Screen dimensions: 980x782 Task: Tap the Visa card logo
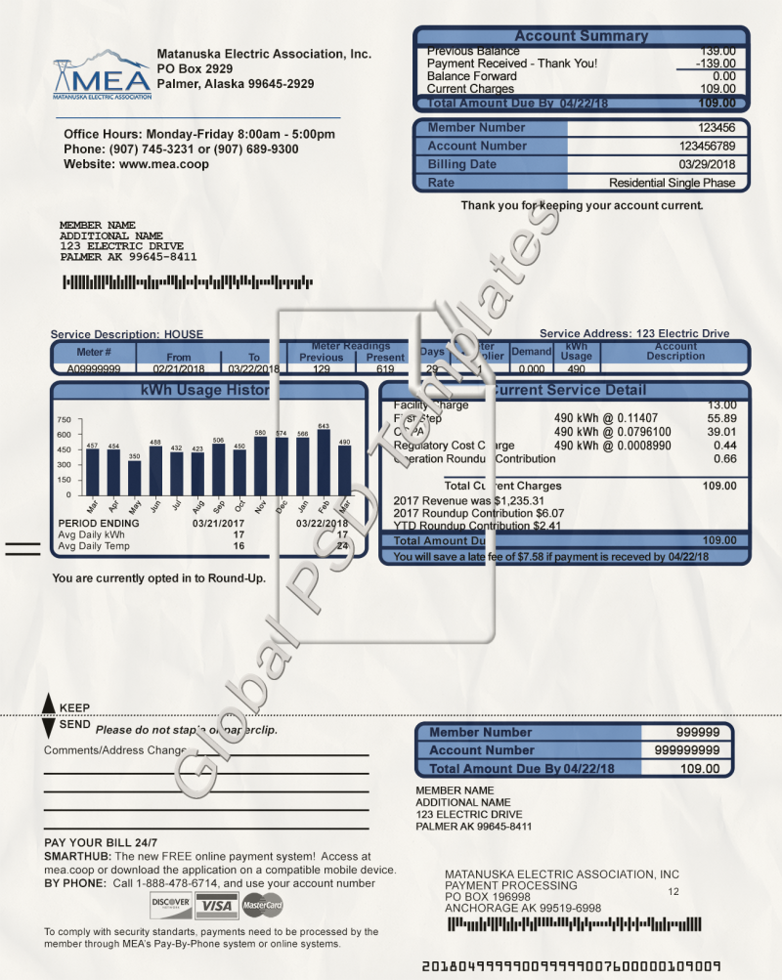(214, 907)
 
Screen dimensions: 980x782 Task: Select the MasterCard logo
(262, 907)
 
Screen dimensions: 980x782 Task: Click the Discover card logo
(171, 907)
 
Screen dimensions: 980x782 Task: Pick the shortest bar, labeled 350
(135, 478)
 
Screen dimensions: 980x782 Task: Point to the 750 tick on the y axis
(64, 419)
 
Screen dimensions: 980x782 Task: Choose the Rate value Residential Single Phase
(673, 183)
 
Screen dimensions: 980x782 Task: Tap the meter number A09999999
(94, 369)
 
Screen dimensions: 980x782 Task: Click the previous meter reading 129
(322, 369)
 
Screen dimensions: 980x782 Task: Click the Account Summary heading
(581, 36)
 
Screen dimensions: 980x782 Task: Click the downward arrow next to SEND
(49, 728)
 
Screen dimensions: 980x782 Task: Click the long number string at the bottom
(571, 966)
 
